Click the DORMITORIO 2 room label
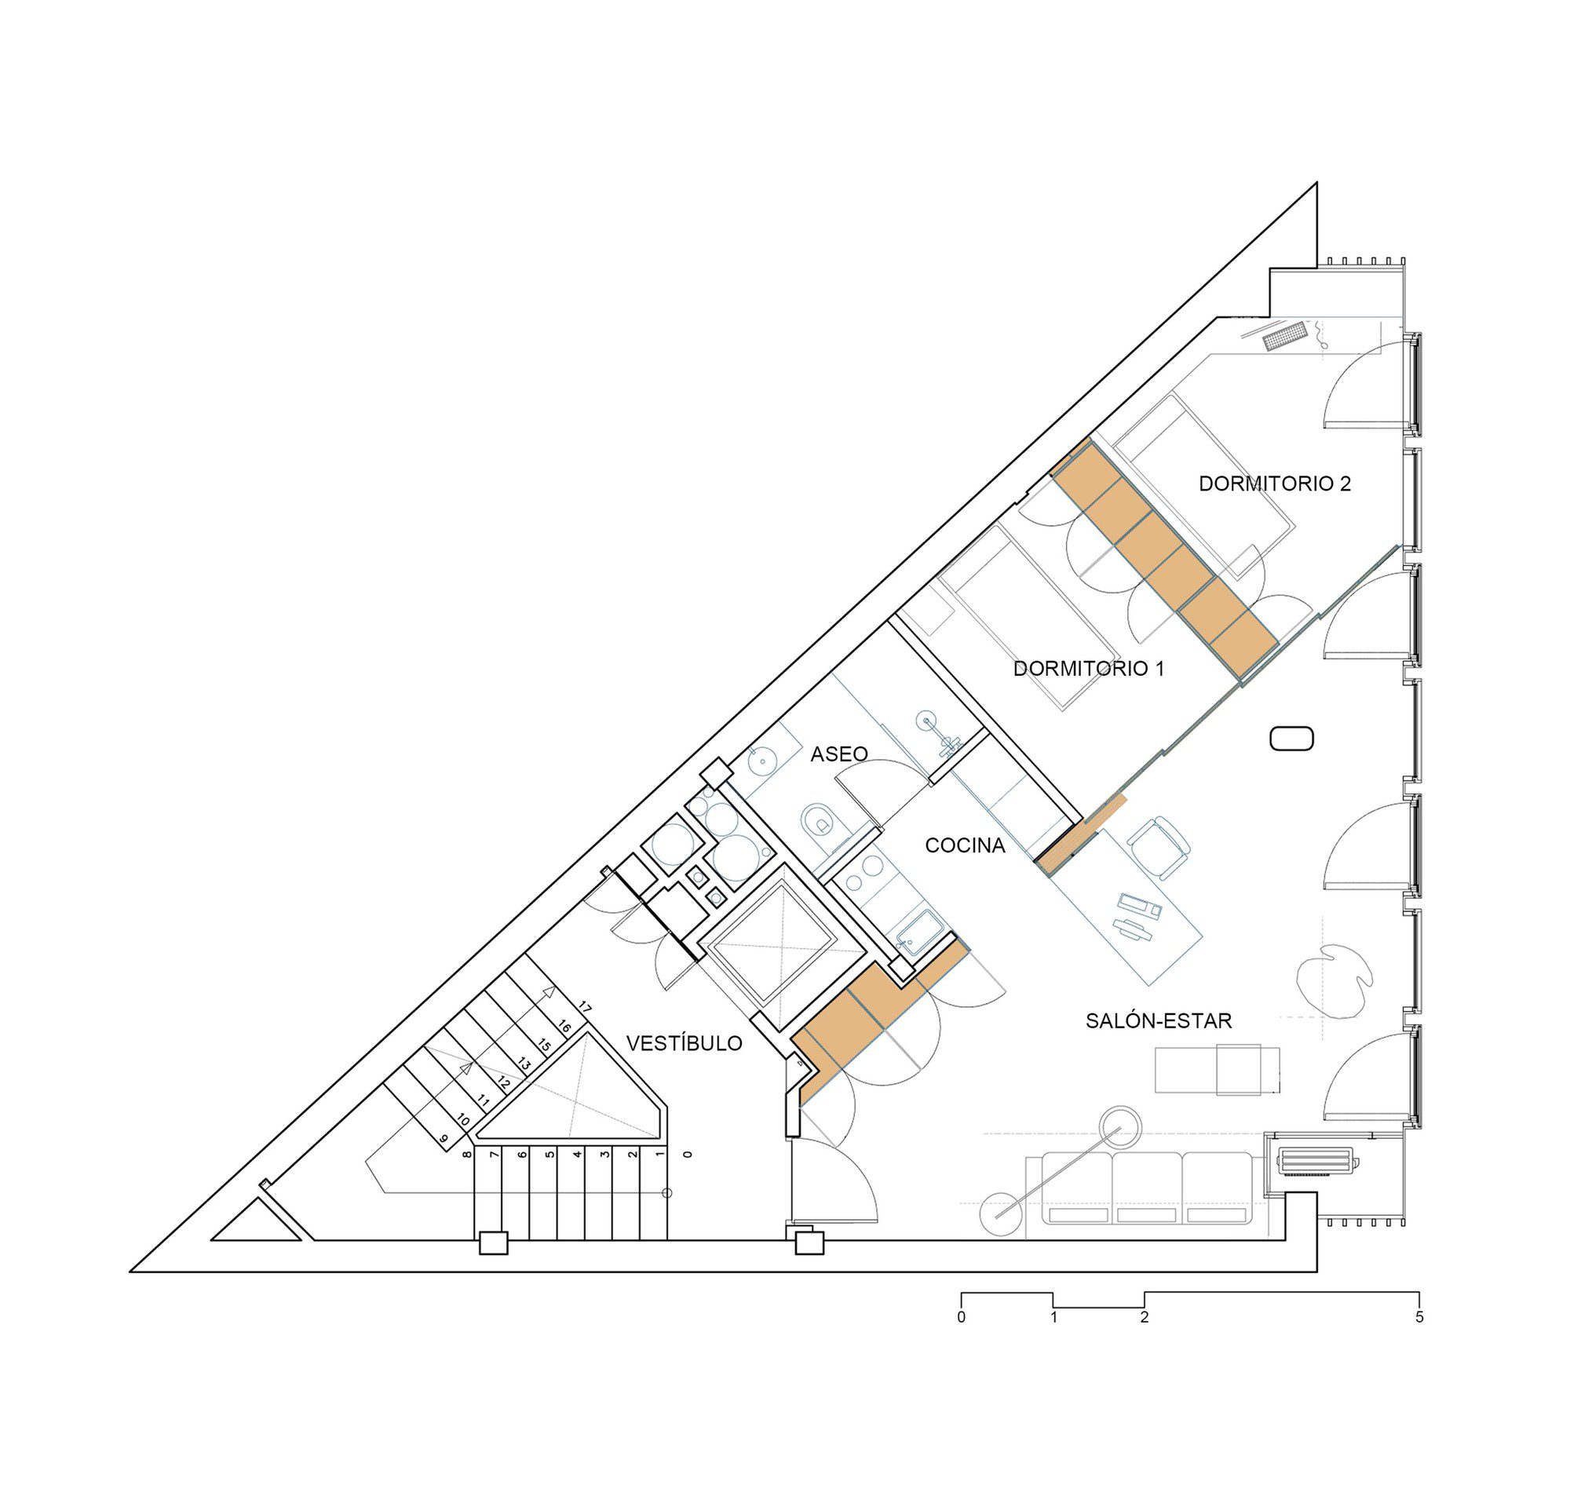click(x=1274, y=484)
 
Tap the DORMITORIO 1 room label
click(x=1088, y=668)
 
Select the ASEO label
click(x=838, y=754)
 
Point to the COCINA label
click(x=965, y=846)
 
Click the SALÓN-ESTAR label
click(x=1158, y=1020)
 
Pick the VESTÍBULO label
click(x=685, y=1043)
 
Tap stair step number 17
click(x=585, y=1008)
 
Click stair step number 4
click(x=578, y=1154)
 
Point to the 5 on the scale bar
click(x=1419, y=1318)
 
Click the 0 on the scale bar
click(x=961, y=1318)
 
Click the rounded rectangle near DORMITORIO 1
click(x=1291, y=739)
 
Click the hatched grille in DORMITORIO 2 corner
click(x=1284, y=336)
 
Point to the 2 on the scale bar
click(x=1144, y=1318)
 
